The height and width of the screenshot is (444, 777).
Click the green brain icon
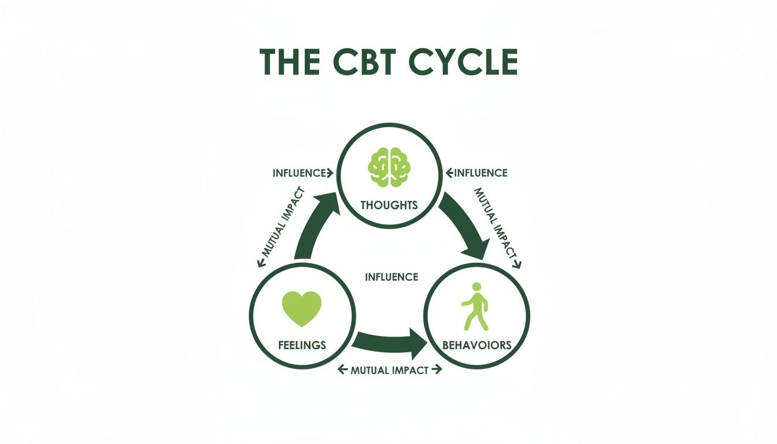pos(389,166)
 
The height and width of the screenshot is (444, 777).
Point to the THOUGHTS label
pos(389,205)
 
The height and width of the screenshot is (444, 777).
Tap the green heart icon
pos(301,308)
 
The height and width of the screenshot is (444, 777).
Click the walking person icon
pos(475,306)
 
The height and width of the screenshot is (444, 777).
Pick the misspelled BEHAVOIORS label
pos(476,345)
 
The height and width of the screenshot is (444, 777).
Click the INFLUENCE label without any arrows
pos(391,277)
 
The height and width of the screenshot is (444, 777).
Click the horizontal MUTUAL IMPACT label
pos(390,370)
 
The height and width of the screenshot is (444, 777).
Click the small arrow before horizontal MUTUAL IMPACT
pos(341,369)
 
